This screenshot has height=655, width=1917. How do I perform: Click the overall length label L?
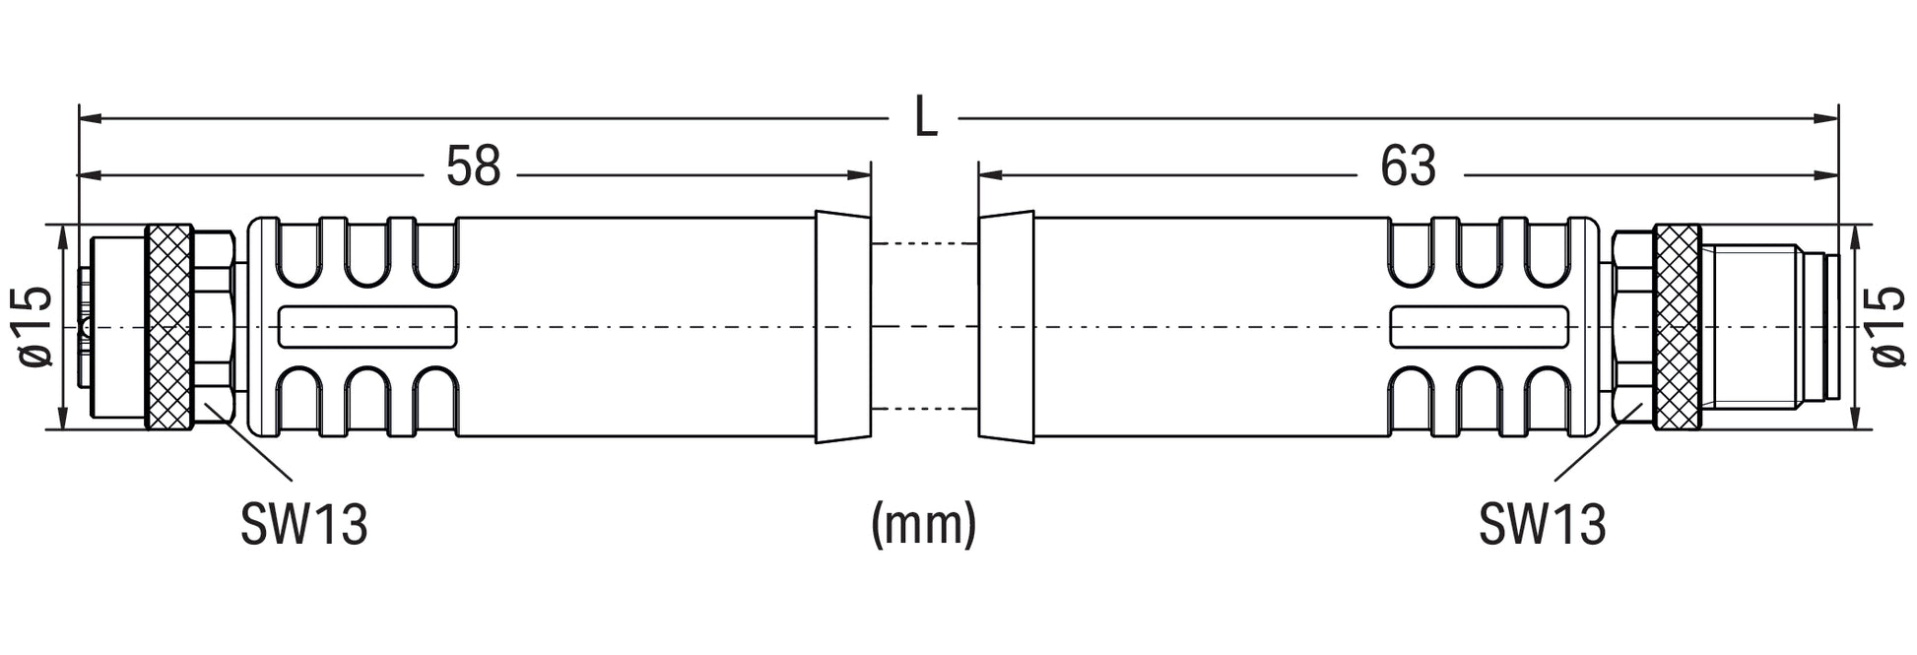pyautogui.click(x=925, y=118)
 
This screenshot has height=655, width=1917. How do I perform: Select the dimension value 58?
pyautogui.click(x=473, y=166)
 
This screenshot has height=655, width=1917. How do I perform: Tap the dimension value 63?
pyautogui.click(x=1408, y=166)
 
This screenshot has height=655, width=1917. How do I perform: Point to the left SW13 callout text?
pyautogui.click(x=303, y=524)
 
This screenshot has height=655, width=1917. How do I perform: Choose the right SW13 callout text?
pyautogui.click(x=1542, y=524)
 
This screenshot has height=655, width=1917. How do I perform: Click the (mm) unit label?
pyautogui.click(x=924, y=524)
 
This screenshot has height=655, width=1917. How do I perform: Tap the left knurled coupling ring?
pyautogui.click(x=168, y=327)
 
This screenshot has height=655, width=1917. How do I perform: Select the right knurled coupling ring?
pyautogui.click(x=1677, y=327)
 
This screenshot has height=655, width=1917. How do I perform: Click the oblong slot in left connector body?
pyautogui.click(x=368, y=327)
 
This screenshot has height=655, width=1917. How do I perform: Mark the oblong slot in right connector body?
pyautogui.click(x=1479, y=327)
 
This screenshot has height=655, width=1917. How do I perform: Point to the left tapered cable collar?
pyautogui.click(x=843, y=326)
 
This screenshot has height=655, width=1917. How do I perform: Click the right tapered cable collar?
pyautogui.click(x=1006, y=325)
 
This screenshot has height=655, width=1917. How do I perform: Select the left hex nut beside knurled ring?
pyautogui.click(x=213, y=327)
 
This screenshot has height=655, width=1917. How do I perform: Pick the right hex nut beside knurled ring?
pyautogui.click(x=1632, y=327)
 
